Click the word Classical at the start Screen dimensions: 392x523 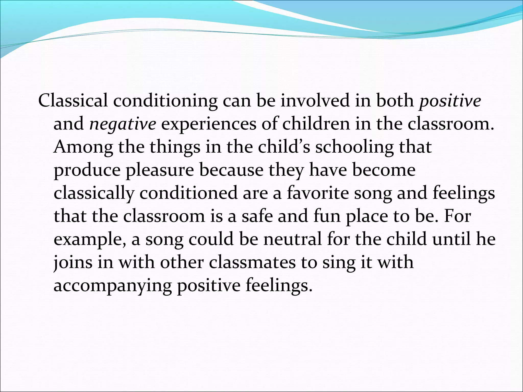point(73,101)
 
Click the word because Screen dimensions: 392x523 point(231,170)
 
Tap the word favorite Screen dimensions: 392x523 point(318,193)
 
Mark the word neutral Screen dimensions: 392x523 point(293,239)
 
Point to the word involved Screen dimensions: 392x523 point(315,101)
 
